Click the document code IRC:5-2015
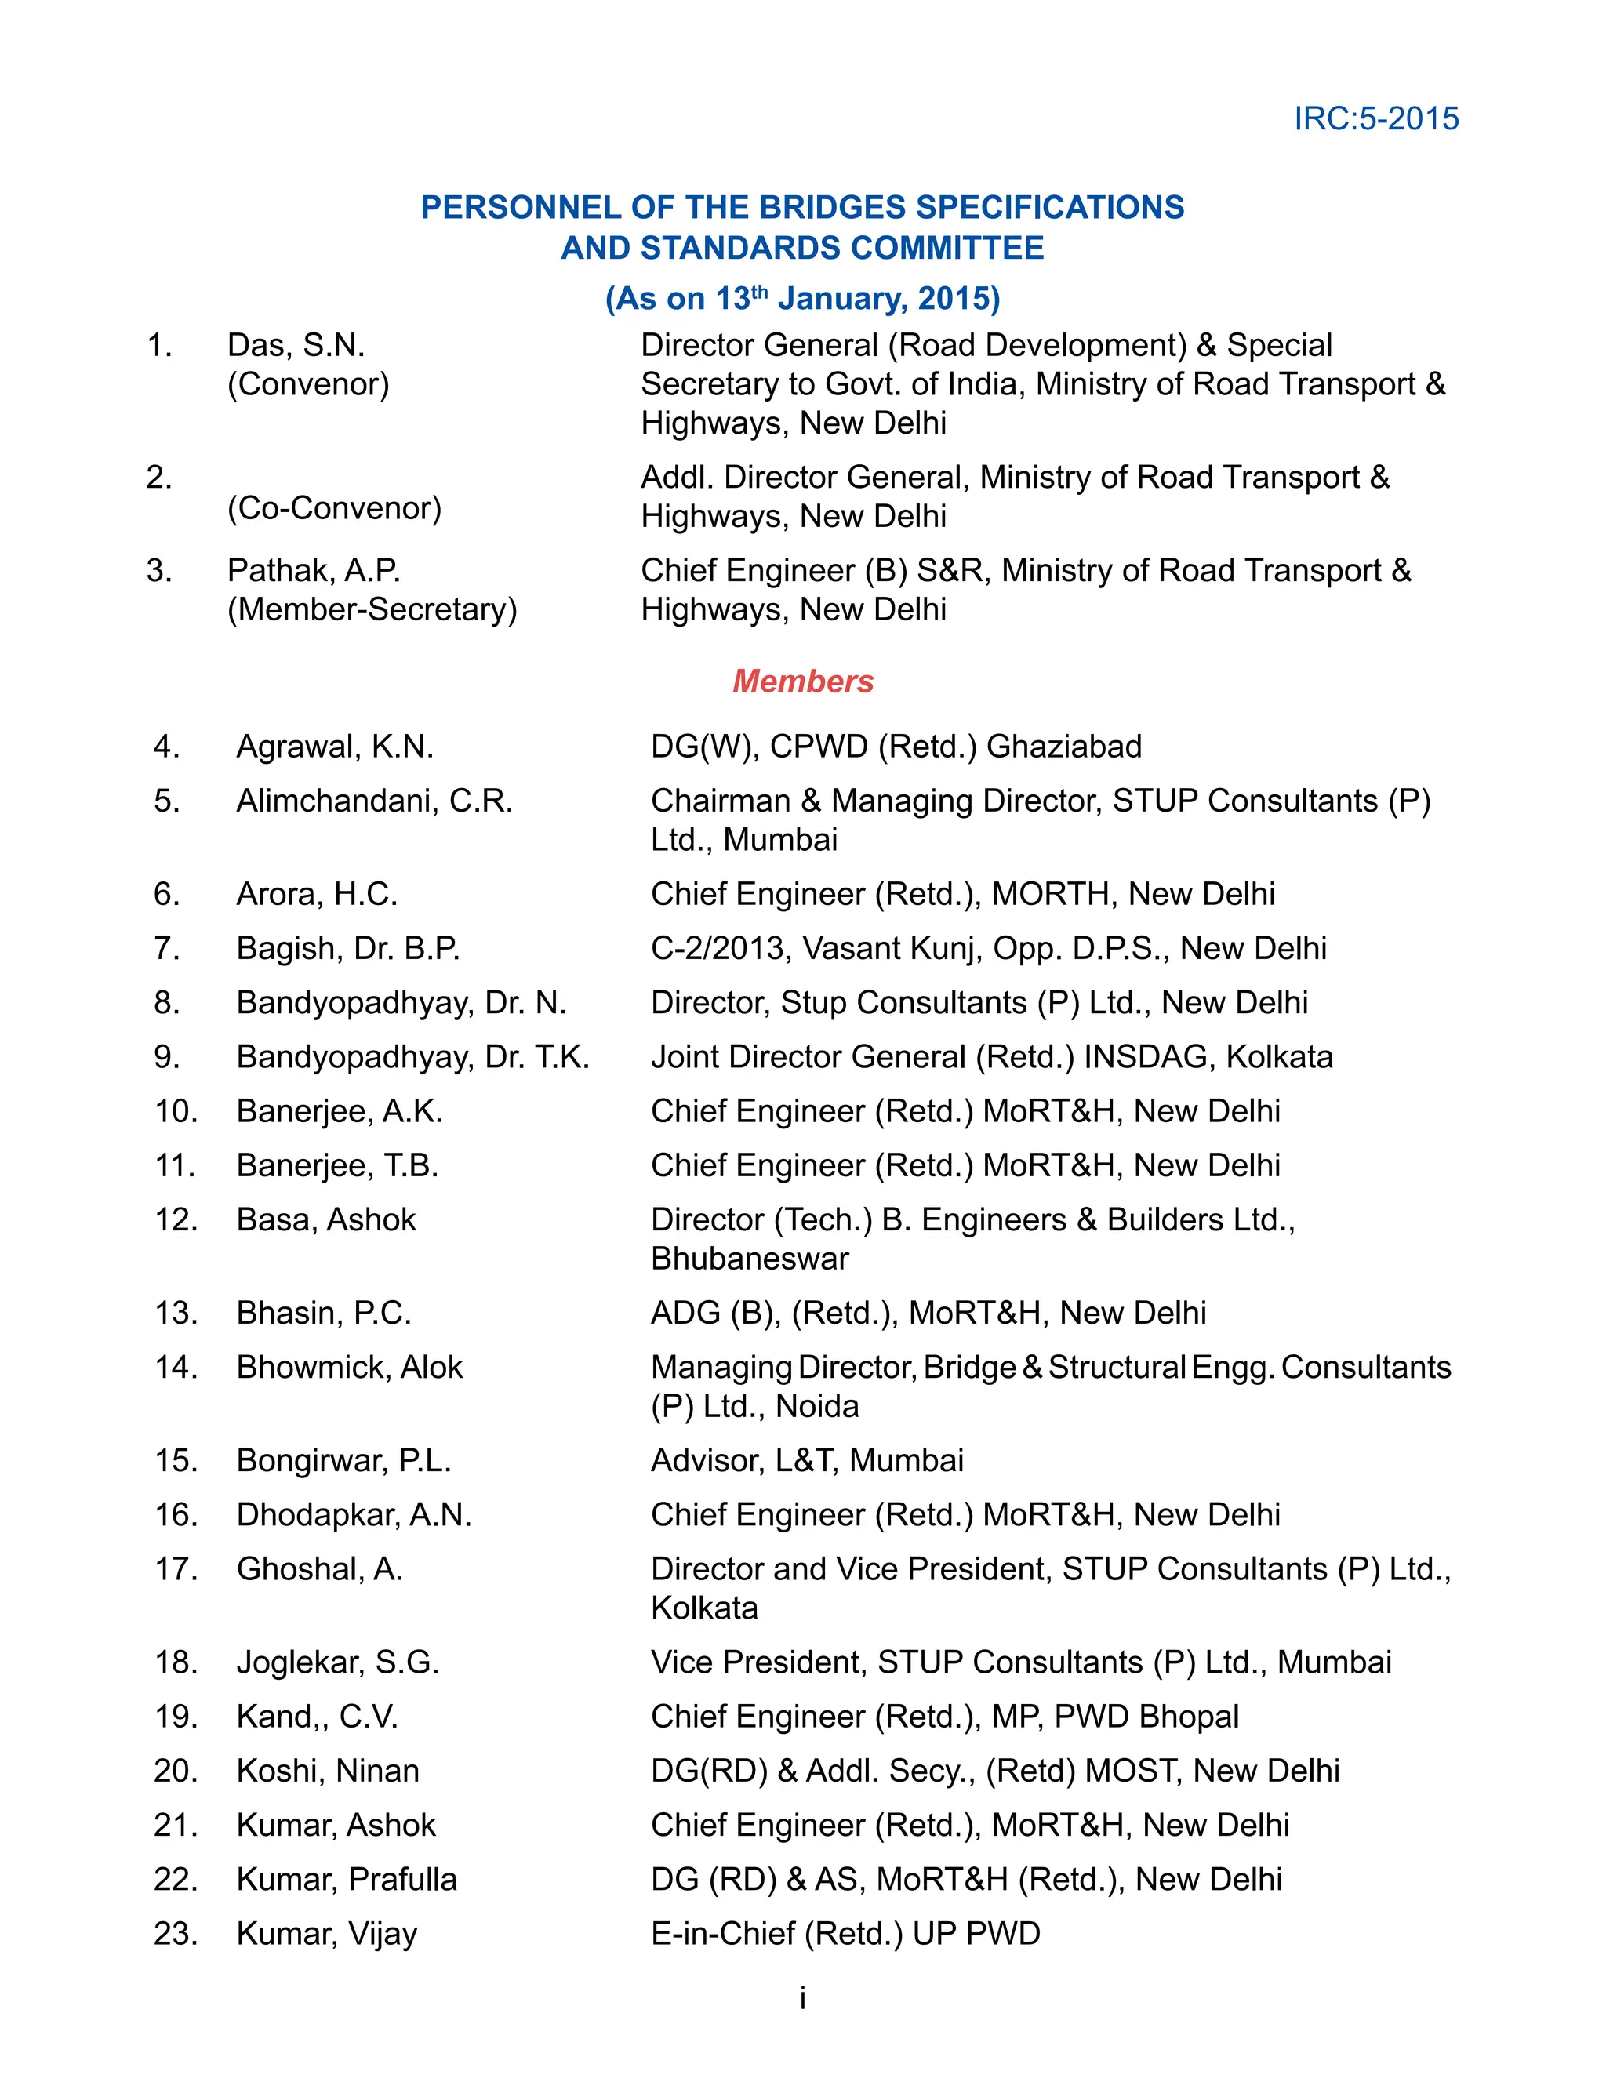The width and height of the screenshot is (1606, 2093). click(x=1375, y=118)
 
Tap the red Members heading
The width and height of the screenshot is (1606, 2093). click(x=803, y=681)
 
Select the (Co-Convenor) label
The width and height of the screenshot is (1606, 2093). click(x=335, y=507)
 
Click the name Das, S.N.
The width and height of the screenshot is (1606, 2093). click(x=296, y=345)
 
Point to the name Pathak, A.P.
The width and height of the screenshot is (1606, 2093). click(x=314, y=571)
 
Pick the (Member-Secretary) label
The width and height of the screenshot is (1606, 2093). click(x=372, y=609)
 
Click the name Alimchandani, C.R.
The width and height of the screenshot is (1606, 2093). click(x=375, y=801)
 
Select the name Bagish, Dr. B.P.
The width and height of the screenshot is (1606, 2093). click(x=348, y=948)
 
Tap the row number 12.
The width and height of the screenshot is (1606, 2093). click(x=176, y=1220)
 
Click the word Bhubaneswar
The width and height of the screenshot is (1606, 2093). click(x=750, y=1259)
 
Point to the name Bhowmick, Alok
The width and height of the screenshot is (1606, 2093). click(x=350, y=1368)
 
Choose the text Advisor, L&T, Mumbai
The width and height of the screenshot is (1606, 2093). click(x=807, y=1460)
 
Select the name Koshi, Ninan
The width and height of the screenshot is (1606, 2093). click(x=328, y=1771)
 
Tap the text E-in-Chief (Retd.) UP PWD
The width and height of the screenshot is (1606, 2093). click(x=845, y=1933)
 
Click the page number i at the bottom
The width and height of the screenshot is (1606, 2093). click(x=803, y=1997)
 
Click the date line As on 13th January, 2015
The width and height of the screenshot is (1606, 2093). click(x=803, y=298)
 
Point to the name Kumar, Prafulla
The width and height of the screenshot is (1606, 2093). click(x=347, y=1879)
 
